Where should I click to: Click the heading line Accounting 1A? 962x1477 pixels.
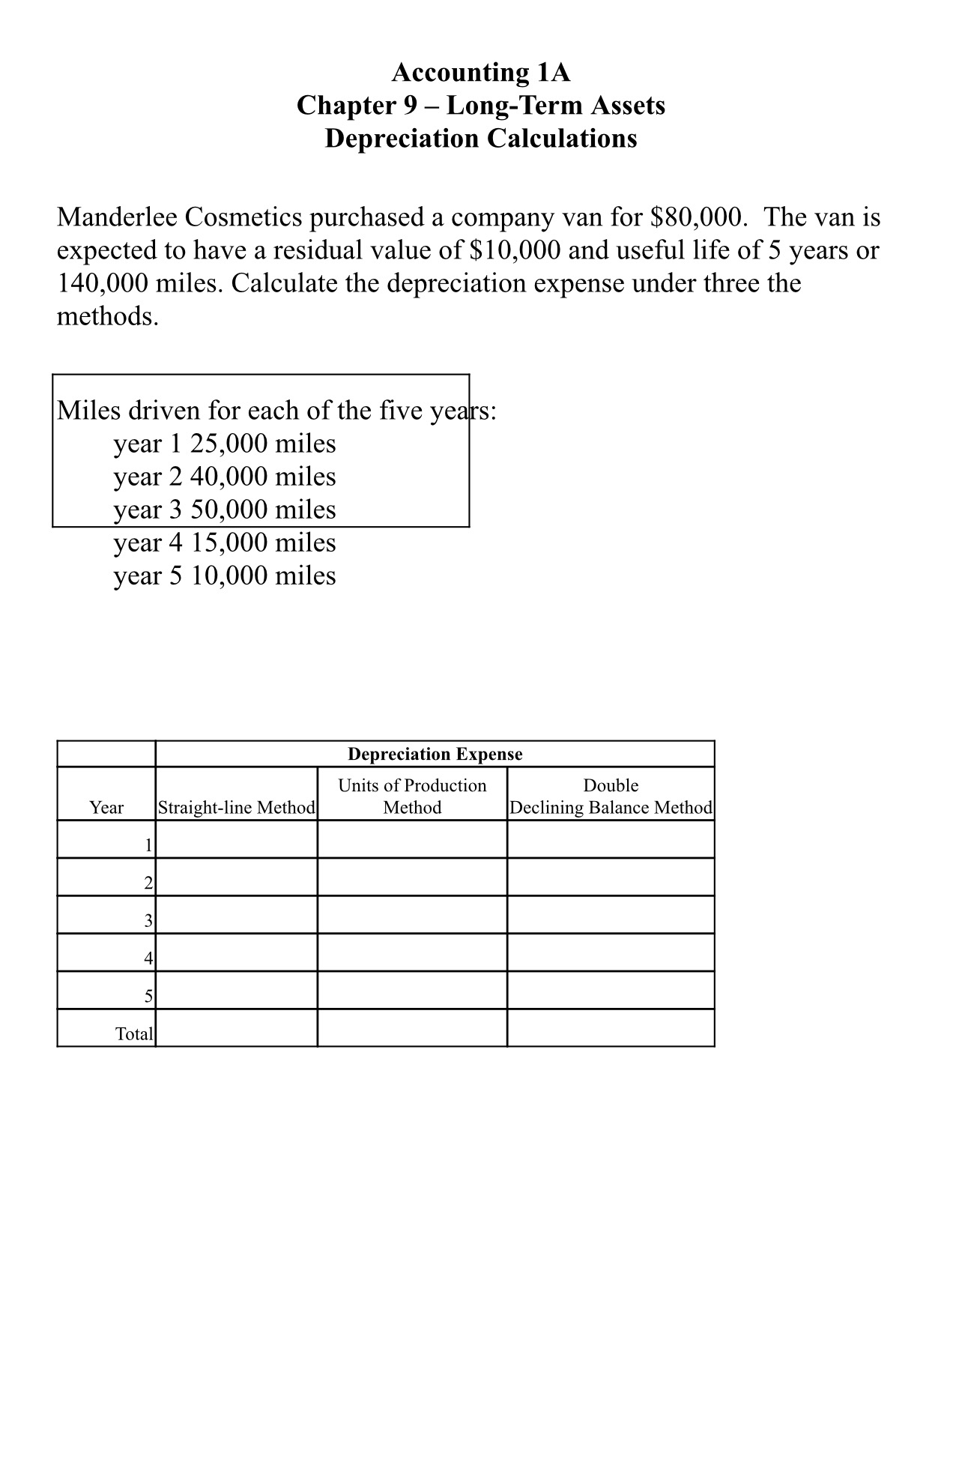480,73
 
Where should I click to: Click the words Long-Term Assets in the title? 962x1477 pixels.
556,106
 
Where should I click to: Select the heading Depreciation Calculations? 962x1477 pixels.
480,139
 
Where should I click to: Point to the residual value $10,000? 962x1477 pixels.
514,250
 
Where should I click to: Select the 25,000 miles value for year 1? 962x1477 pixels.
262,444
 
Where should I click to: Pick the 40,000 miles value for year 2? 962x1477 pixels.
262,477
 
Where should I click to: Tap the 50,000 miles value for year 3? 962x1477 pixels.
262,510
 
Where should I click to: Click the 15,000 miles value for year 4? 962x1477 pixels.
262,543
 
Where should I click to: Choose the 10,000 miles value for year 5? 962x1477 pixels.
262,576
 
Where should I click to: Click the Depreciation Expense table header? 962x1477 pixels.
435,754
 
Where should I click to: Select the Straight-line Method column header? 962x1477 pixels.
236,807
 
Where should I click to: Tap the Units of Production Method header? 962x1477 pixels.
412,796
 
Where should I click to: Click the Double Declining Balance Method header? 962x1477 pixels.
611,797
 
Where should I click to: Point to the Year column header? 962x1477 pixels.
106,807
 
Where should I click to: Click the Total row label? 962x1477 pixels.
134,1034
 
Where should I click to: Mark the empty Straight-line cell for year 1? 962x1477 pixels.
236,839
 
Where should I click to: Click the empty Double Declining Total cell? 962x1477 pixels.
611,1027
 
